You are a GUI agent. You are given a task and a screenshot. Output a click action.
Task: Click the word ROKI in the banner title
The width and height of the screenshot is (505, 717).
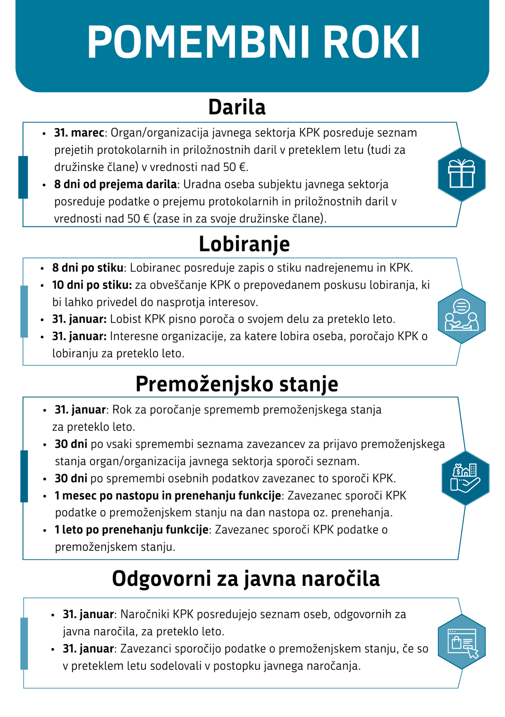pos(372,42)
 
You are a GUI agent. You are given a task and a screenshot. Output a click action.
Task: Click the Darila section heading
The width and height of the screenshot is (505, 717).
pos(237,107)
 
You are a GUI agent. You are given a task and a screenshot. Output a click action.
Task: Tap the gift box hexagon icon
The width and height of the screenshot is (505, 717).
pos(462,174)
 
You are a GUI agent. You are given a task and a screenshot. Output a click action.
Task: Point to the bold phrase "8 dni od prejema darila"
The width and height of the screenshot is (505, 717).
pos(115,184)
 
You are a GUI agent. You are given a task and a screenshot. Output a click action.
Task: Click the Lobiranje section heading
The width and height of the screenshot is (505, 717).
pos(244,244)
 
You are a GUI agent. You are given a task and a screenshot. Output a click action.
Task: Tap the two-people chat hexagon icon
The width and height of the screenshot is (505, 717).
pos(462,316)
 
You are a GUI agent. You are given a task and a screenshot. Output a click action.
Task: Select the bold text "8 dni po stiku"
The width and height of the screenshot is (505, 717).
pos(87,267)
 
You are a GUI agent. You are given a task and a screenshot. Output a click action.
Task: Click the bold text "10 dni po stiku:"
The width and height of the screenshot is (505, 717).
pos(92,285)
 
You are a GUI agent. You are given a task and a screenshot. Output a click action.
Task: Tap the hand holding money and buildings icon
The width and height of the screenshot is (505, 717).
pos(465,478)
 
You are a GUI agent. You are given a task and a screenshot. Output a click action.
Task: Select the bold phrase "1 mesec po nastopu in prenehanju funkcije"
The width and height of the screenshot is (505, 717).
pos(168,495)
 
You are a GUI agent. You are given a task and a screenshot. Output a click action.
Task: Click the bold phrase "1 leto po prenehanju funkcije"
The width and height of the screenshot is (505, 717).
pos(132,530)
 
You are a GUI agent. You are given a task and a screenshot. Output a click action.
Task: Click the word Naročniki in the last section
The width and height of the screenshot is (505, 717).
pos(145,614)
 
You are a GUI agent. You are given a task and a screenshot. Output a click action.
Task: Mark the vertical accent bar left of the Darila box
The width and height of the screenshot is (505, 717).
pos(23,177)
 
